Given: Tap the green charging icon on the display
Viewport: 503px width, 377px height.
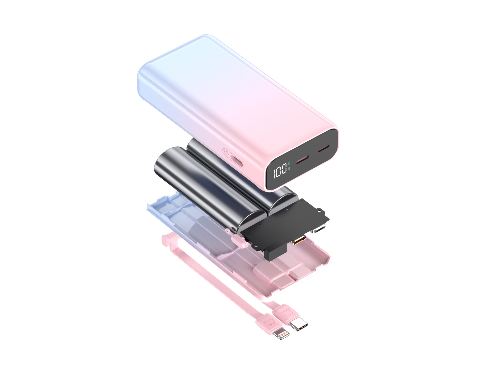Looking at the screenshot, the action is click(x=289, y=164).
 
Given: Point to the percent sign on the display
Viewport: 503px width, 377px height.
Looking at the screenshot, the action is click(x=289, y=169).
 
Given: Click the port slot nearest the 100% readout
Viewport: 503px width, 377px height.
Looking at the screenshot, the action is click(x=302, y=159).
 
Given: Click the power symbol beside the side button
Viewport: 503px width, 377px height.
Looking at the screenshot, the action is click(x=226, y=153).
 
